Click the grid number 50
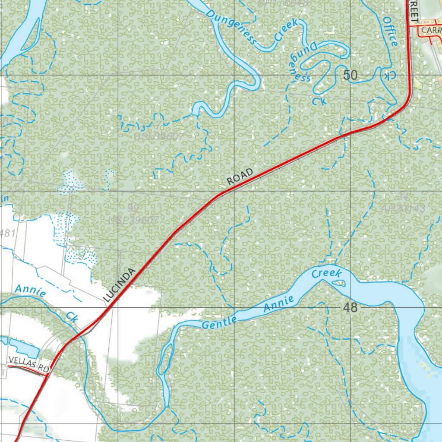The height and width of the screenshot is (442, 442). tap(350, 75)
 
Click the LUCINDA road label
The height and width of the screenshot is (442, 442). tap(120, 284)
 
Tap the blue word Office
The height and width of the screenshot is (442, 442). tap(390, 31)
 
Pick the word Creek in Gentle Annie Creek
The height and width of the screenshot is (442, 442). tap(327, 274)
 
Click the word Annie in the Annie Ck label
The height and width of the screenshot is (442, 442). tap(30, 290)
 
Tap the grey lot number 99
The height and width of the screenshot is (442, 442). tap(133, 208)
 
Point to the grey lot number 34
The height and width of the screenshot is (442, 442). tap(403, 196)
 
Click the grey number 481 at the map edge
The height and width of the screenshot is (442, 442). tap(7, 234)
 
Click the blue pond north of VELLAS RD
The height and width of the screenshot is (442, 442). tap(23, 347)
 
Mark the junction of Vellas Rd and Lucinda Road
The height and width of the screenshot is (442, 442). tap(47, 375)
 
